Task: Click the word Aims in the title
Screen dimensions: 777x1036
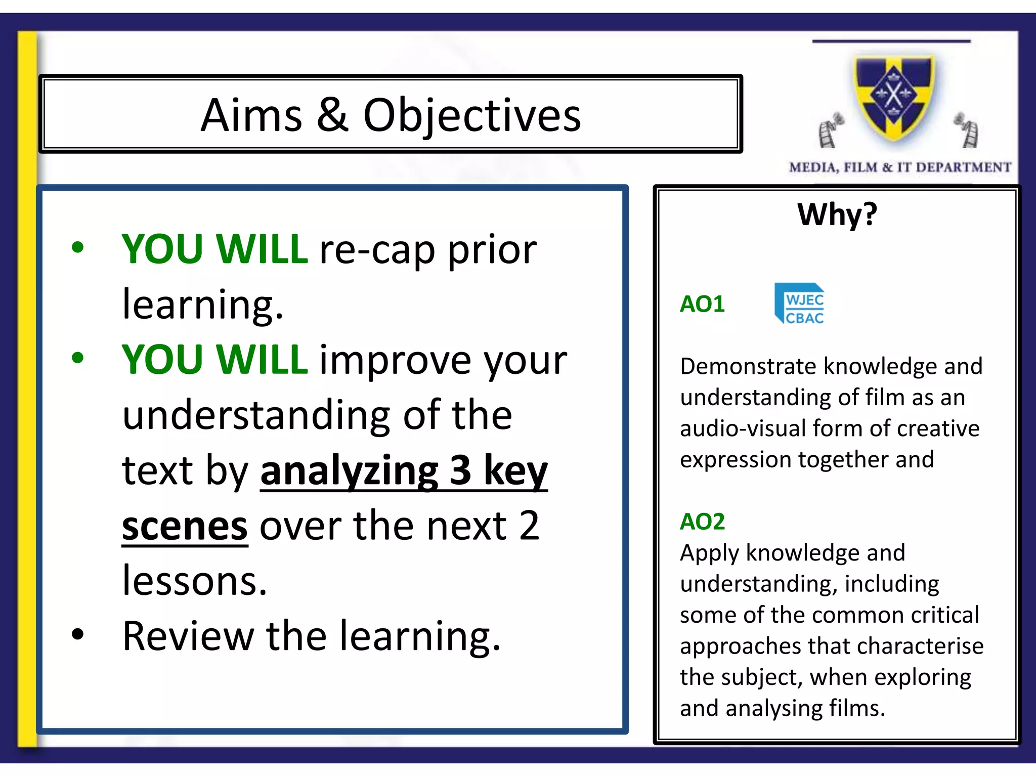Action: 251,116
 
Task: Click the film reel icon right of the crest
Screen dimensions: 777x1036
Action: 967,131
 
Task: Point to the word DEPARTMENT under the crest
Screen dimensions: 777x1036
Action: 963,167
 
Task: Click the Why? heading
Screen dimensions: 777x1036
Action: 837,214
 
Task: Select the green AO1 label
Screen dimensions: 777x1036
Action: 702,304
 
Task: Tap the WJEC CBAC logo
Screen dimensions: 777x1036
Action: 800,304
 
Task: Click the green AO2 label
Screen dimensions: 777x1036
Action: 702,522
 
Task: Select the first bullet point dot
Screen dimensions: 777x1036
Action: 77,247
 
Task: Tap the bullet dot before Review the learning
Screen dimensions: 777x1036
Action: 77,634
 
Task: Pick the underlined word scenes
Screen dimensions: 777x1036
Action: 185,526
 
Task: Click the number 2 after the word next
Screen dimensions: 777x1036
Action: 529,525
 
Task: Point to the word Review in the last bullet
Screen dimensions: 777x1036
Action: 188,636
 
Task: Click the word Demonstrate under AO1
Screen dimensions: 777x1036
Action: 749,366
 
